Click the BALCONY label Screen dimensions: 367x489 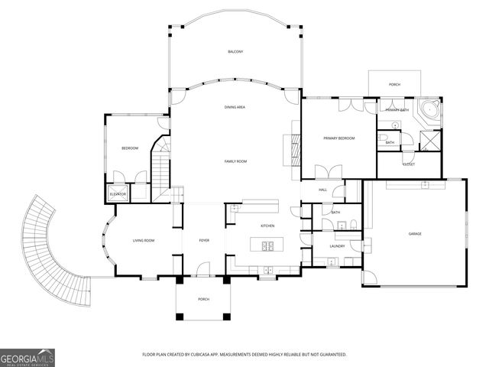[235, 51]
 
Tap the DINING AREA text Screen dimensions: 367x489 [235, 108]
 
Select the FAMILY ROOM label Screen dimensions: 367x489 [235, 161]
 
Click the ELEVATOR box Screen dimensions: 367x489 [118, 194]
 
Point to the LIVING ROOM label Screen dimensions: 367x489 [144, 241]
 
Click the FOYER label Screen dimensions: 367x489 [204, 241]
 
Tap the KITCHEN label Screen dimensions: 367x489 [267, 226]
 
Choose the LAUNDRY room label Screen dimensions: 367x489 [337, 246]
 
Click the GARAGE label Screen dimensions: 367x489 [415, 233]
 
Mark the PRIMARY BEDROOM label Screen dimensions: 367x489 [339, 138]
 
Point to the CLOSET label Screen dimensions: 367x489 [409, 164]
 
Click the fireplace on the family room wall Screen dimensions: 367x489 [290, 148]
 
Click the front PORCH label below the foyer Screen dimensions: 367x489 [203, 299]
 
